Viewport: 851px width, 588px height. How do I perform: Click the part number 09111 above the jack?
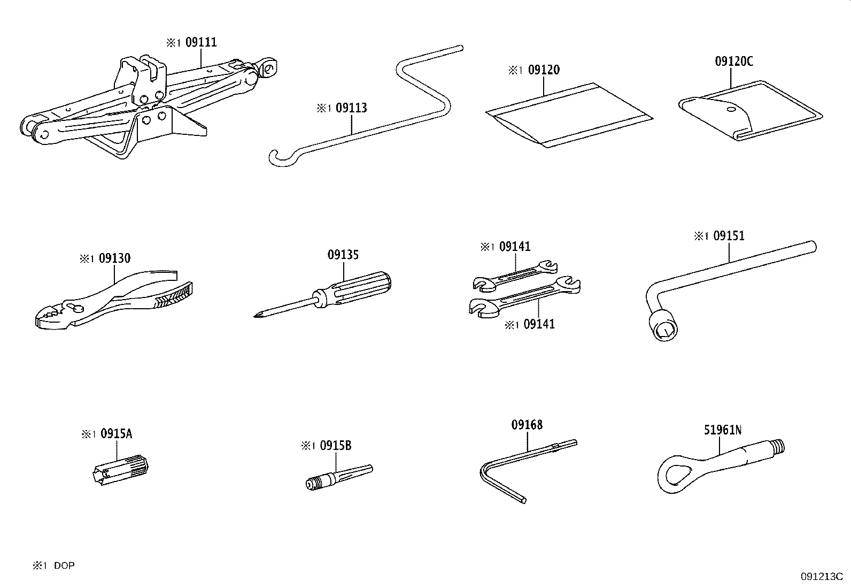coord(201,42)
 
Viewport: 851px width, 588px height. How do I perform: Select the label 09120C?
coord(733,62)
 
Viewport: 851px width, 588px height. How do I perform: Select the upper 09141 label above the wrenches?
coord(514,247)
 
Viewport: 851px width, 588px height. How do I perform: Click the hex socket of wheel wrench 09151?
coord(664,329)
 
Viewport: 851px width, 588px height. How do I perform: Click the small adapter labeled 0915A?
coord(122,469)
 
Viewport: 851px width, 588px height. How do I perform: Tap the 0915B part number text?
coord(335,445)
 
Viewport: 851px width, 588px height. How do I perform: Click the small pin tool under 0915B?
coord(336,476)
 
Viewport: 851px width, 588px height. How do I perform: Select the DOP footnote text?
coord(64,566)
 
